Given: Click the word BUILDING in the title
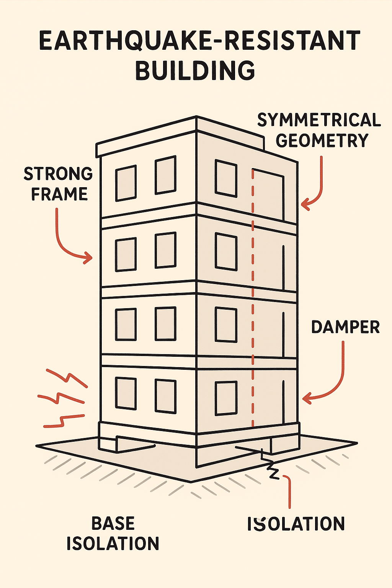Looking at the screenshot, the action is click(195, 70).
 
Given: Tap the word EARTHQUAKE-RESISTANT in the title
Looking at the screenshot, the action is click(199, 40).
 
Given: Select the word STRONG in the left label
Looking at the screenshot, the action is click(58, 173).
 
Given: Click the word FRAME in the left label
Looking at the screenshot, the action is click(59, 194).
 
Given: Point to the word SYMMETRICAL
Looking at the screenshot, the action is click(319, 120).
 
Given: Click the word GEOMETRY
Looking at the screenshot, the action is click(322, 140).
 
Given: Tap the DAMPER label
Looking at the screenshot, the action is click(345, 327).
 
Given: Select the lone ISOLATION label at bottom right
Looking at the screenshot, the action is click(296, 524).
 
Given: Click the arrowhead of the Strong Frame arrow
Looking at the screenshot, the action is click(88, 257).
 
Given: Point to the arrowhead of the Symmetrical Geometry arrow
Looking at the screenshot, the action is click(305, 204).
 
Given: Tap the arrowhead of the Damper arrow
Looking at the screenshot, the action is click(306, 398).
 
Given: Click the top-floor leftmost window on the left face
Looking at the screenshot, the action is click(126, 183).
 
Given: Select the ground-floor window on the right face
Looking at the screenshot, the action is click(226, 399).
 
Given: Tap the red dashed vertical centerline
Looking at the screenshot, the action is click(253, 298).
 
